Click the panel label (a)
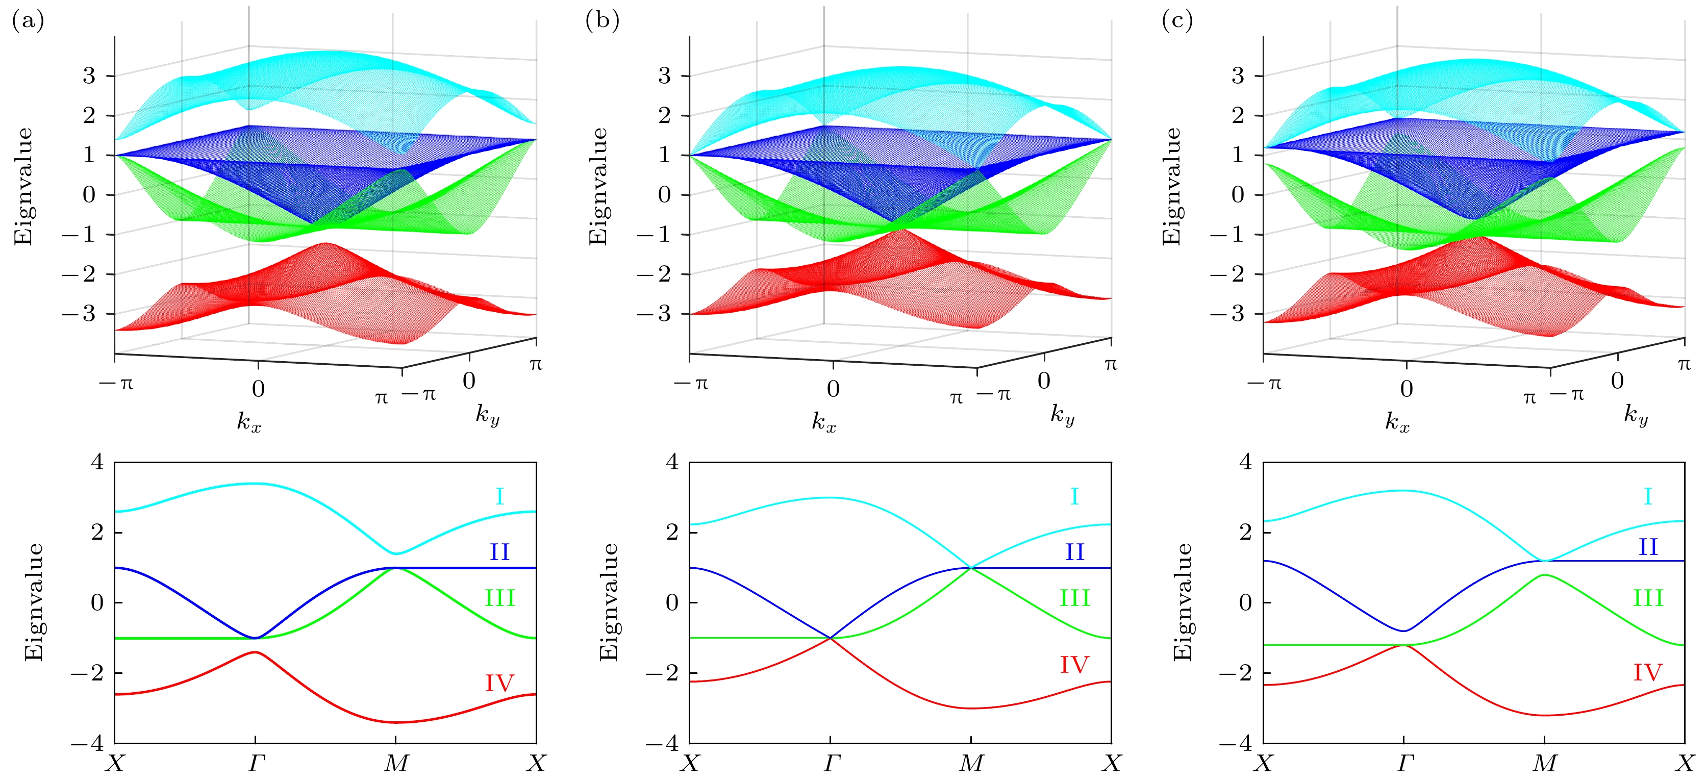28,21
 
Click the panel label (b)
601,21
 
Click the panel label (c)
1177,21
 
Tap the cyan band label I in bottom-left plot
499,496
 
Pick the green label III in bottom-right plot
1647,598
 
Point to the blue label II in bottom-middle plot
1074,552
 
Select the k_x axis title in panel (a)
249,422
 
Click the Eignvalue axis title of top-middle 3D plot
598,187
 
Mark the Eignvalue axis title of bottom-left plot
33,601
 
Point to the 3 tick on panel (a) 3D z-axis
89,75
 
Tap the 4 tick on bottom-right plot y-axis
1246,462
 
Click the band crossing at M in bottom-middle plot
971,568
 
